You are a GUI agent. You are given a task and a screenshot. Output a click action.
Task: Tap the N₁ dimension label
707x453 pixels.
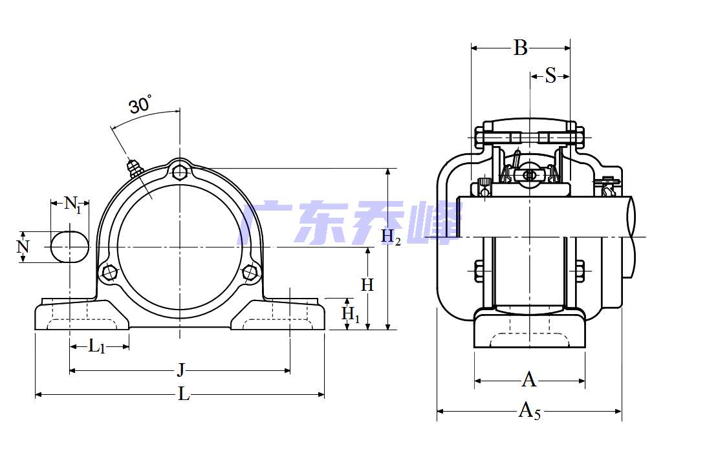(72, 205)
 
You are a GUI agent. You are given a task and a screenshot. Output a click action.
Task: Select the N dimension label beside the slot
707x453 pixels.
(23, 247)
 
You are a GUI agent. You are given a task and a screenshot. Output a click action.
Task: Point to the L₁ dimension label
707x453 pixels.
(96, 346)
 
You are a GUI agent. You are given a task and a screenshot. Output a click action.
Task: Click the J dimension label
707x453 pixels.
(181, 370)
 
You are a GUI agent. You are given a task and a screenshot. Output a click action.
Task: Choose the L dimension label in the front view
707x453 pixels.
(184, 394)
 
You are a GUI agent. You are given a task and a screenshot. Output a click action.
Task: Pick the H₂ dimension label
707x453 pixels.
(390, 237)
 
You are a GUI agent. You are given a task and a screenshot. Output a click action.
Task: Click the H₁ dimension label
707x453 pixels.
(350, 314)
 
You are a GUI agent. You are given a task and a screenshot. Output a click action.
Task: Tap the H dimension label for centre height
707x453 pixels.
(367, 284)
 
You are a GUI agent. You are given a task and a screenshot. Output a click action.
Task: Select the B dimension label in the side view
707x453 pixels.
(520, 48)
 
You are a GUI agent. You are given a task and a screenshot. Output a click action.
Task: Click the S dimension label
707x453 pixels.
(550, 76)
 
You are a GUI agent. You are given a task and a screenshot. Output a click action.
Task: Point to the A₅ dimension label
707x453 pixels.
(529, 410)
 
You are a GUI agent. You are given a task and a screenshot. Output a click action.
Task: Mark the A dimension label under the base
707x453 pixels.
(529, 380)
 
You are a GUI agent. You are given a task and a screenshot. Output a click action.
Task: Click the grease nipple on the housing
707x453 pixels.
(134, 168)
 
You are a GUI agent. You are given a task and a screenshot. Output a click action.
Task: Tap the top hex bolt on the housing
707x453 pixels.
(180, 172)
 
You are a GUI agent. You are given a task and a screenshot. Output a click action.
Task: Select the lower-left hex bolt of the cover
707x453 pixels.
(110, 273)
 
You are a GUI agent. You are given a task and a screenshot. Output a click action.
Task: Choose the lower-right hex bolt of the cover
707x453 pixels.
(250, 273)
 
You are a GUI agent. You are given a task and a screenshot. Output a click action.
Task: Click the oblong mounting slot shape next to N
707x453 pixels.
(69, 247)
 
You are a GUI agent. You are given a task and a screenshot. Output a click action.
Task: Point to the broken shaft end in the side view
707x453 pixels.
(631, 216)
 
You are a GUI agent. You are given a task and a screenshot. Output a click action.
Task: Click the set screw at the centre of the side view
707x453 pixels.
(529, 175)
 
